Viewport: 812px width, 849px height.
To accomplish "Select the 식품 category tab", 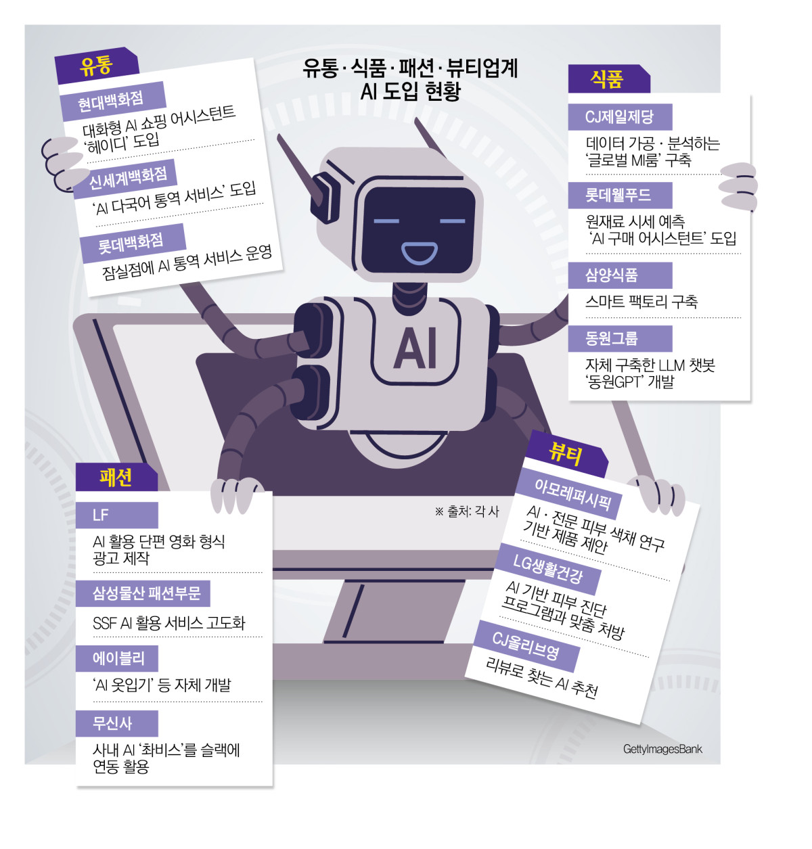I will coord(607,79).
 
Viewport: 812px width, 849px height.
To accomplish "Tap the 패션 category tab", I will coord(116,478).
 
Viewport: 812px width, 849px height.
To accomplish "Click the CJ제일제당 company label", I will coord(619,117).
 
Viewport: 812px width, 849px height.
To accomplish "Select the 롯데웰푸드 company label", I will coord(618,196).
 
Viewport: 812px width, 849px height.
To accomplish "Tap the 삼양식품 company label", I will coord(612,275).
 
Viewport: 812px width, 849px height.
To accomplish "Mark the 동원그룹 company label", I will coord(612,338).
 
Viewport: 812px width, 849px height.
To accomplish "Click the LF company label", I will coord(101,515).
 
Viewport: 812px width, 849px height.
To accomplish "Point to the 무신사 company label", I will coord(113,723).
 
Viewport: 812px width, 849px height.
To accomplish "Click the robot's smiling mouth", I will coord(420,252).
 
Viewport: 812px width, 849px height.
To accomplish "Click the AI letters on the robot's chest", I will coord(415,349).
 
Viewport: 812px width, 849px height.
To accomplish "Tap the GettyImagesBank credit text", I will coord(662,749).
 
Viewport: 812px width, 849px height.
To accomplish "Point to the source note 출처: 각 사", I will coord(468,511).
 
